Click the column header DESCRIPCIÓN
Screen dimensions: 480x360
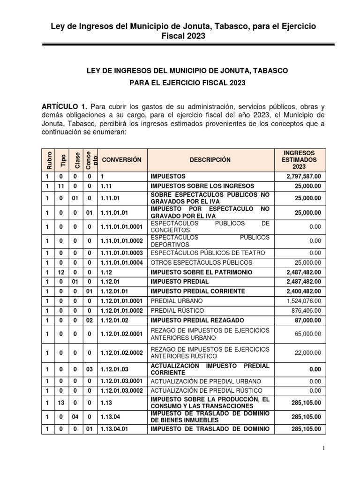pyautogui.click(x=210, y=160)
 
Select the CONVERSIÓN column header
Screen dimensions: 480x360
pyautogui.click(x=121, y=160)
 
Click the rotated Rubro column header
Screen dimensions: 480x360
pyautogui.click(x=47, y=160)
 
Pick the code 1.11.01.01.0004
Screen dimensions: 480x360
pyautogui.click(x=121, y=262)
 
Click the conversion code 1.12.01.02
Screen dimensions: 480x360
pyautogui.click(x=115, y=320)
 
